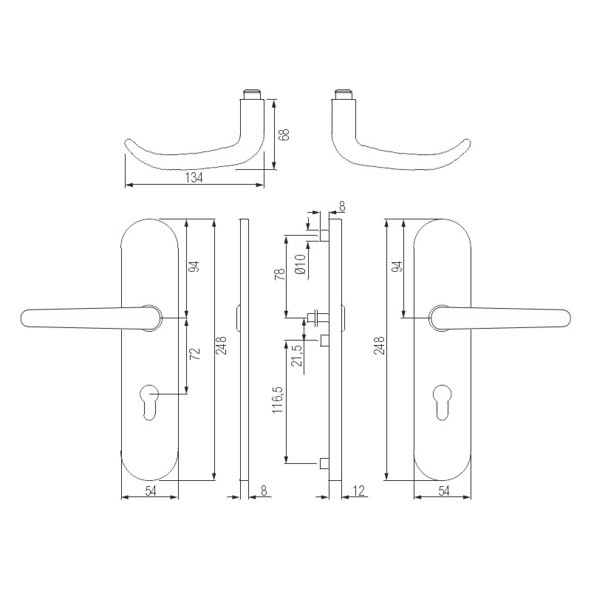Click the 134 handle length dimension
[193, 178]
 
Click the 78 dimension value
[280, 278]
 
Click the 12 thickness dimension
[360, 491]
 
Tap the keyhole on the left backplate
[149, 399]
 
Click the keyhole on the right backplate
[443, 399]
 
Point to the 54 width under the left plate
[149, 491]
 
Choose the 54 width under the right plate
[443, 491]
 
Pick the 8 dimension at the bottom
[264, 491]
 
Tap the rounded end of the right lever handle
[563, 318]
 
